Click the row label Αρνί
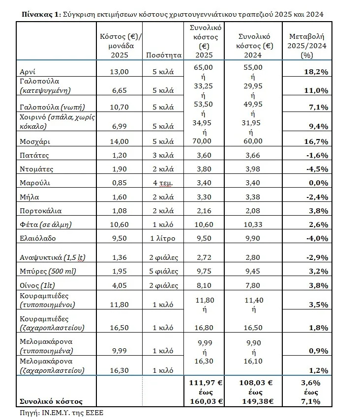coord(25,72)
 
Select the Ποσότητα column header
coord(164,55)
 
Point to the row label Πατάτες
coord(30,155)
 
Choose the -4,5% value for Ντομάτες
coord(317,169)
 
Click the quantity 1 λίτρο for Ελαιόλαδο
coord(164,238)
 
